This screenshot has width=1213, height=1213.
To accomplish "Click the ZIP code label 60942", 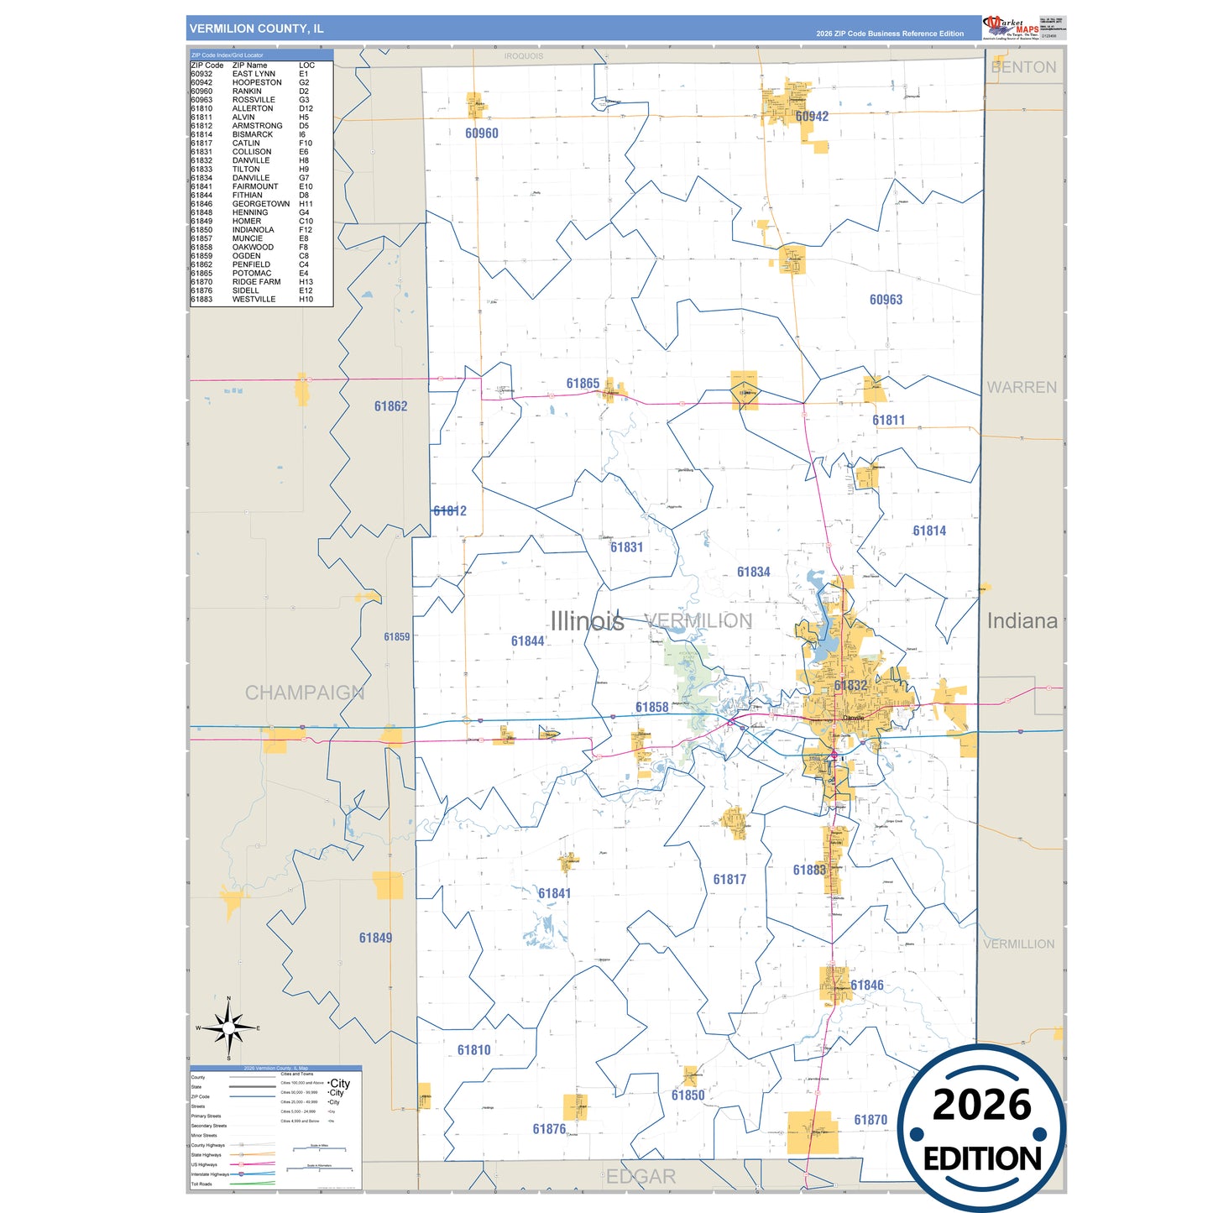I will click(812, 117).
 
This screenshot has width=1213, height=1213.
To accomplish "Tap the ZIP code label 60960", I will click(482, 133).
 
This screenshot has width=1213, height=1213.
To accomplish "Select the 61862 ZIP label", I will click(390, 406).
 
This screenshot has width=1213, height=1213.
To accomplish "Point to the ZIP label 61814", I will click(929, 531).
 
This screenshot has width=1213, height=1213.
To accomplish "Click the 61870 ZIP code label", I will click(871, 1120).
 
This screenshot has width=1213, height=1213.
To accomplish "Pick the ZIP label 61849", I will click(375, 938).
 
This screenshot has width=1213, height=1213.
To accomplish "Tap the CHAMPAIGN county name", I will click(305, 693).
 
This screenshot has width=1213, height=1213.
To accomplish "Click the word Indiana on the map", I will click(1022, 621).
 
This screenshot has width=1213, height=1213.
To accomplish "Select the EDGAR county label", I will click(640, 1177).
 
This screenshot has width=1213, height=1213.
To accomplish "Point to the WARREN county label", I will click(1022, 388).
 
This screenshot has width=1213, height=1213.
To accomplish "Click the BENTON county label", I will click(1023, 67).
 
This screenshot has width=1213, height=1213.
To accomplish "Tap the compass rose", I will click(228, 1028).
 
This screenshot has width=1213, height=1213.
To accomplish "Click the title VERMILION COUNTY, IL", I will click(256, 29).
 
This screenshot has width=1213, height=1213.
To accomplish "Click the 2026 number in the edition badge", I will click(981, 1105).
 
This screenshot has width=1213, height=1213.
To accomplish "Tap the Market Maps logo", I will click(1011, 28).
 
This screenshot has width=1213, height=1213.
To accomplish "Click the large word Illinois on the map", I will click(587, 621).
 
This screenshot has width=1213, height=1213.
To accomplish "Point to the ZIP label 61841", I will click(554, 893).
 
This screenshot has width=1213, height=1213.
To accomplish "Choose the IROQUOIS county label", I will click(524, 56).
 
